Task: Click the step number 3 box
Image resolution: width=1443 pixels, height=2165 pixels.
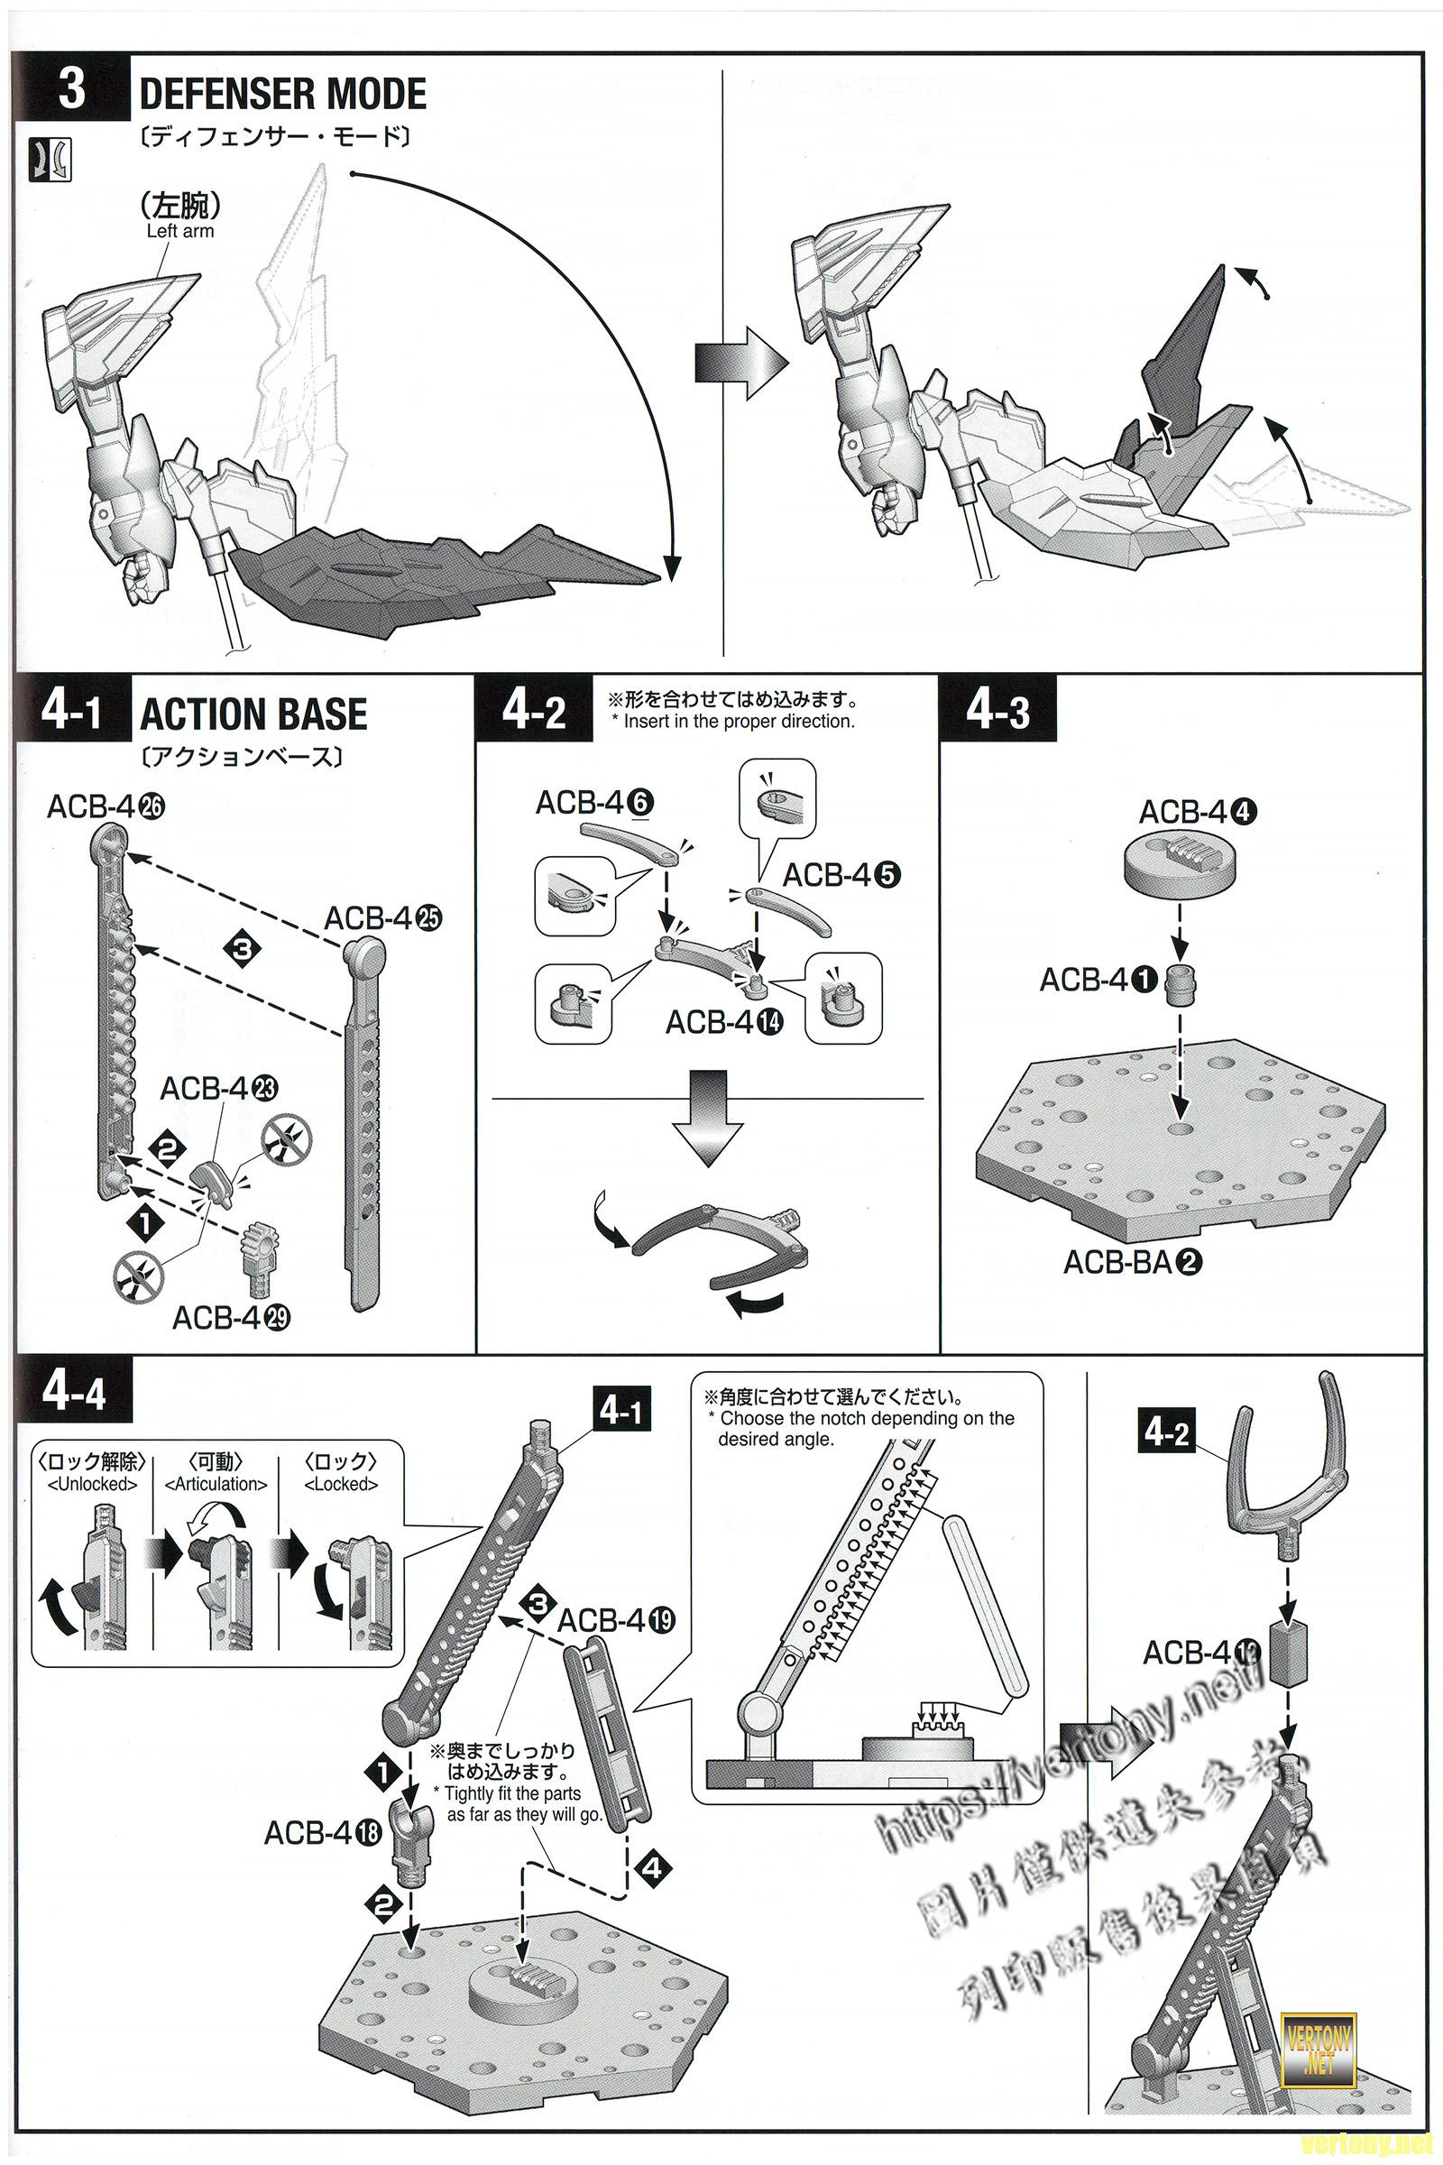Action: (x=71, y=90)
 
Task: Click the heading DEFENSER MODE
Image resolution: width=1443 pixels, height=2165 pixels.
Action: (x=282, y=94)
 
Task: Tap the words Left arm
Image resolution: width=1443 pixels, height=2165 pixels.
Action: (x=179, y=231)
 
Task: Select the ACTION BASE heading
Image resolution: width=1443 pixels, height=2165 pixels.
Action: (x=253, y=714)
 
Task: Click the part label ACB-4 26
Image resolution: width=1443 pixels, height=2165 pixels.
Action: (x=105, y=807)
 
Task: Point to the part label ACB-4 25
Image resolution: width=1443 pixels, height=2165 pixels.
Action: (x=382, y=917)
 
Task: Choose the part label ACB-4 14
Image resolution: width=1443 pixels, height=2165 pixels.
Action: (x=724, y=1022)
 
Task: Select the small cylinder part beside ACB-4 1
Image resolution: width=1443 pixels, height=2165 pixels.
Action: (x=1181, y=986)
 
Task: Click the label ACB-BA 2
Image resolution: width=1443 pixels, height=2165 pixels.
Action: (x=1133, y=1261)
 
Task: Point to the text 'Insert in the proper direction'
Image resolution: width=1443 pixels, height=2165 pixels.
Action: (x=739, y=722)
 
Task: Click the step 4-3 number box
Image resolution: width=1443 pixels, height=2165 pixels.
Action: (x=997, y=711)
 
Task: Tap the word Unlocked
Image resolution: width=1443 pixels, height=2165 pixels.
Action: (x=92, y=1484)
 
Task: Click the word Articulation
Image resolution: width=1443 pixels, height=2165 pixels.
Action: (x=216, y=1484)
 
